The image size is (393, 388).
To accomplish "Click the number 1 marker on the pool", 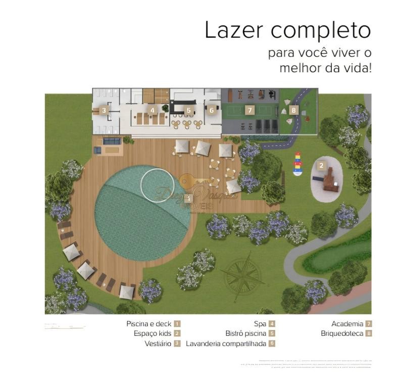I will (x=188, y=199).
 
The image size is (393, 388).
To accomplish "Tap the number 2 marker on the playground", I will (x=321, y=165).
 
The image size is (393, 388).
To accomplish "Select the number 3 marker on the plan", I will (x=104, y=110).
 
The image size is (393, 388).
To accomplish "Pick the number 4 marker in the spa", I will (x=152, y=110).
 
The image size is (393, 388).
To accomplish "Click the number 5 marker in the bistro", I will (x=188, y=110).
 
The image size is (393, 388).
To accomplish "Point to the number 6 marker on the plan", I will (x=212, y=110).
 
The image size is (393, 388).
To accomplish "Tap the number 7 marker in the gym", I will (x=249, y=110).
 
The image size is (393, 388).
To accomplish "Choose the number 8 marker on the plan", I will (x=294, y=110).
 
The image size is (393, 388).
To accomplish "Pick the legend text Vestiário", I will (x=158, y=344).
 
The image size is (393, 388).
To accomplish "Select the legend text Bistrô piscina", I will (x=245, y=333).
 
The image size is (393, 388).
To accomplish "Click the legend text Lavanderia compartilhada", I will (x=226, y=344).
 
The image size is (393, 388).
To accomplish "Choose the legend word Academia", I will (x=348, y=323).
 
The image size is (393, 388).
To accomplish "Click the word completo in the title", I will (x=321, y=31).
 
